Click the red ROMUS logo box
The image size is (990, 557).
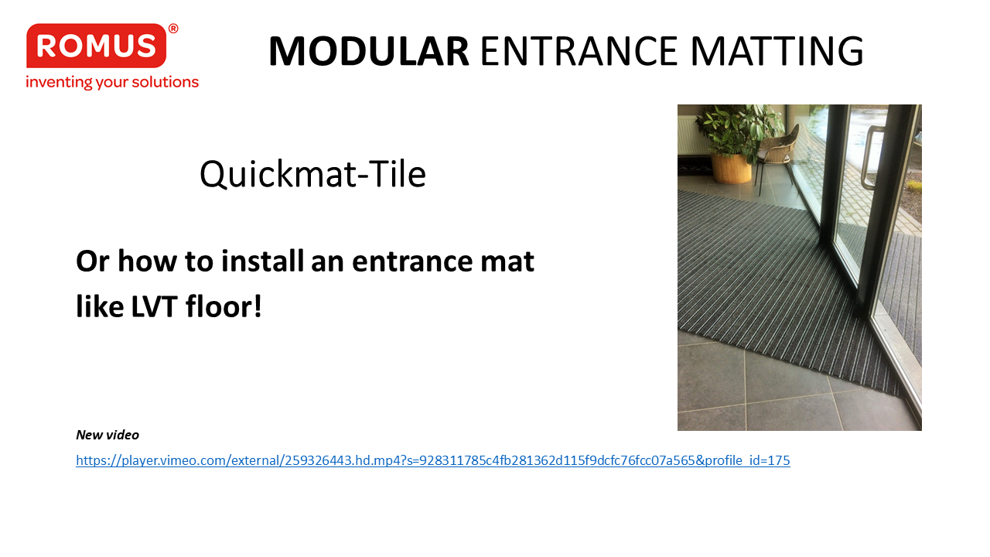[97, 46]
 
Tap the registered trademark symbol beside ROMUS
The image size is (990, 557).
[173, 29]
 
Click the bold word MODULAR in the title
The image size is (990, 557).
[369, 51]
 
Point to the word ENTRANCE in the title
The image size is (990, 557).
[579, 51]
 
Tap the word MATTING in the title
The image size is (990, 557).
[777, 51]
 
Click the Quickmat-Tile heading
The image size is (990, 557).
[312, 174]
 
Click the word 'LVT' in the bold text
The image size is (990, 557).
[154, 306]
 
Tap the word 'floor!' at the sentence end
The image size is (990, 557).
[224, 306]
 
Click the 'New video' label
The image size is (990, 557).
[108, 435]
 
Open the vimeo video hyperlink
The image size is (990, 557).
[432, 460]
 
